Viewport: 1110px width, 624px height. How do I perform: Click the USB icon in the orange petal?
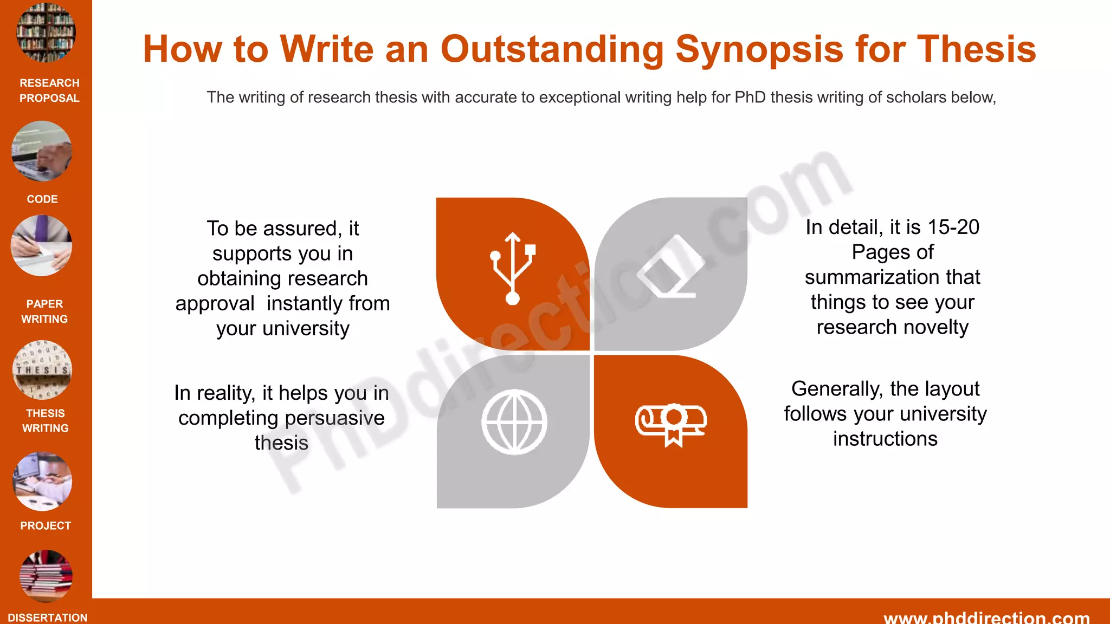point(513,269)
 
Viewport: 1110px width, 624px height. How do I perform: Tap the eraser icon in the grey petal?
point(671,267)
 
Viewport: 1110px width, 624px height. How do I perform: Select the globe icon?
point(514,422)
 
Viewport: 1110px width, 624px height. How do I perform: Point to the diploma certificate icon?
point(671,424)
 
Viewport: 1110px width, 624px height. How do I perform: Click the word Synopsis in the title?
point(759,49)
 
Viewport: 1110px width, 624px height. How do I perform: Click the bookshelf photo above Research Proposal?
point(46,32)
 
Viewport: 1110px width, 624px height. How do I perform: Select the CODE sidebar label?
point(42,199)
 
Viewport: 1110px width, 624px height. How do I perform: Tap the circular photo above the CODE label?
point(42,151)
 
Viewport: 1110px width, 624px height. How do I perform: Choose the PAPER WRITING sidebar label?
point(44,311)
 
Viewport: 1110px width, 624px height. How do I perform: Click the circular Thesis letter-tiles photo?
point(42,370)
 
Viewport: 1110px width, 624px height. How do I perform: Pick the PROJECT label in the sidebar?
point(46,525)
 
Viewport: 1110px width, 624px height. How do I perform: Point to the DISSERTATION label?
point(48,617)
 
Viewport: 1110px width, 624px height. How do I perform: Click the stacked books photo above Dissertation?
point(46,576)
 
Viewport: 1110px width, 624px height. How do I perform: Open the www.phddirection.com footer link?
point(986,617)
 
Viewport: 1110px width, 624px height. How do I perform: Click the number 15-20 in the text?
point(953,227)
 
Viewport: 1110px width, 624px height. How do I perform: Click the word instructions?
point(885,439)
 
